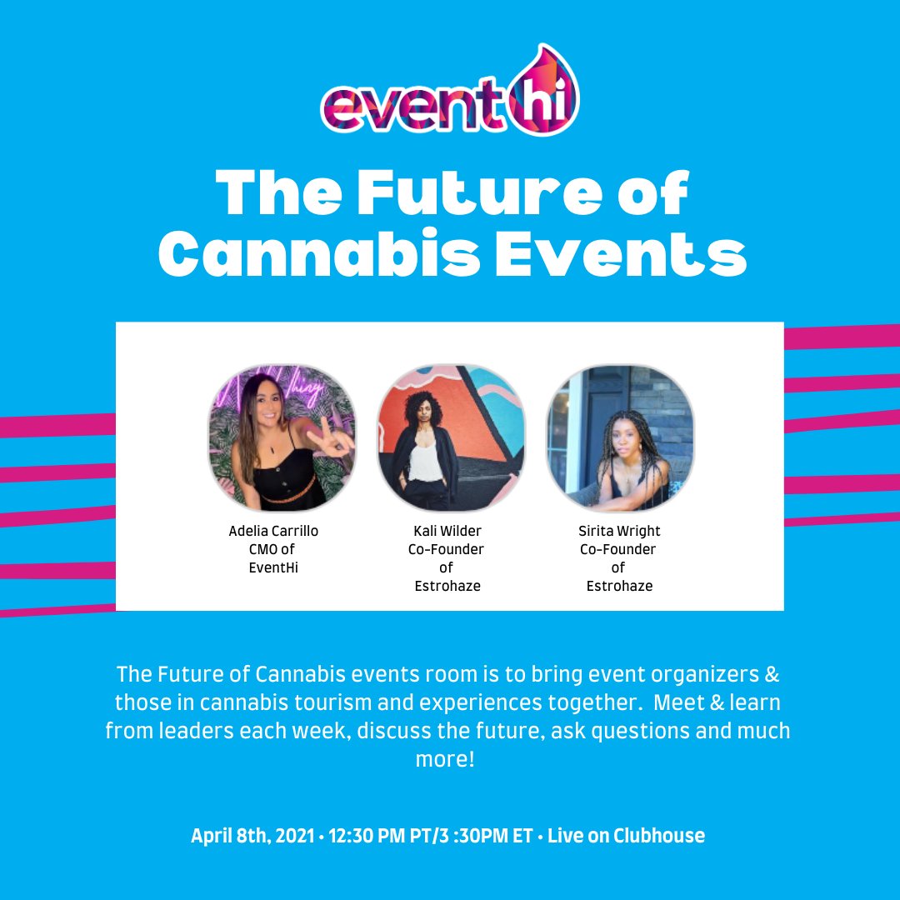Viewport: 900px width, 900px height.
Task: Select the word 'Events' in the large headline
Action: [x=617, y=254]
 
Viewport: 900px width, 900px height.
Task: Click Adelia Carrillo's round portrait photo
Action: [x=282, y=438]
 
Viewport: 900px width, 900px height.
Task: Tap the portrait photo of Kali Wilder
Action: [x=451, y=438]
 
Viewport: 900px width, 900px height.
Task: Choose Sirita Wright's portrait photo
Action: [x=620, y=438]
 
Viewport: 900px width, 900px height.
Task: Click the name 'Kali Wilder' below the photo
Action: [x=447, y=531]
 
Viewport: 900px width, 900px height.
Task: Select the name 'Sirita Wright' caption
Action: [x=619, y=531]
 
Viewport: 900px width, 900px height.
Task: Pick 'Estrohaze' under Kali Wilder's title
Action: [x=447, y=586]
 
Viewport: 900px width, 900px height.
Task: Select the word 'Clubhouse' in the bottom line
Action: [x=659, y=836]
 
